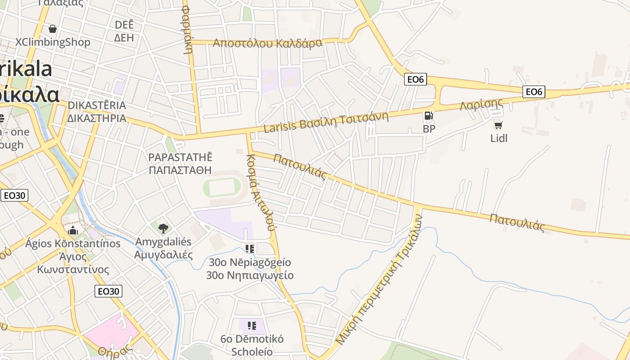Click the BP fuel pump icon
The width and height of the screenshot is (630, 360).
429,116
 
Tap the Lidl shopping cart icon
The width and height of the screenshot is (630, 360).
498,125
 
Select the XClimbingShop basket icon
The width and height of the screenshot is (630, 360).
53,29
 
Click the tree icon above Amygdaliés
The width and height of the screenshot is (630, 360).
163,228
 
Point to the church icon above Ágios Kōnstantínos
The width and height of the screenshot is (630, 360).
73,231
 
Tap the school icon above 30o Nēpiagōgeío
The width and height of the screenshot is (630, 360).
250,248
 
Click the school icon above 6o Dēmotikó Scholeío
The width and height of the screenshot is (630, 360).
252,325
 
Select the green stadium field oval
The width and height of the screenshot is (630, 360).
222,187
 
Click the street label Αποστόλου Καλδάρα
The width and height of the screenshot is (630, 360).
267,43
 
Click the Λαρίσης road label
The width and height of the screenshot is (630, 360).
481,104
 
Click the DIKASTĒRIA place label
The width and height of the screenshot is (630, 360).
97,105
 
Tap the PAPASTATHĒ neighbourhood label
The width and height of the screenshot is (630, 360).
180,157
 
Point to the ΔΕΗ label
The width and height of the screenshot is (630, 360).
124,38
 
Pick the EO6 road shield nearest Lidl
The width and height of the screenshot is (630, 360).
534,92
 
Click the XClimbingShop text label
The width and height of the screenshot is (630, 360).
53,42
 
